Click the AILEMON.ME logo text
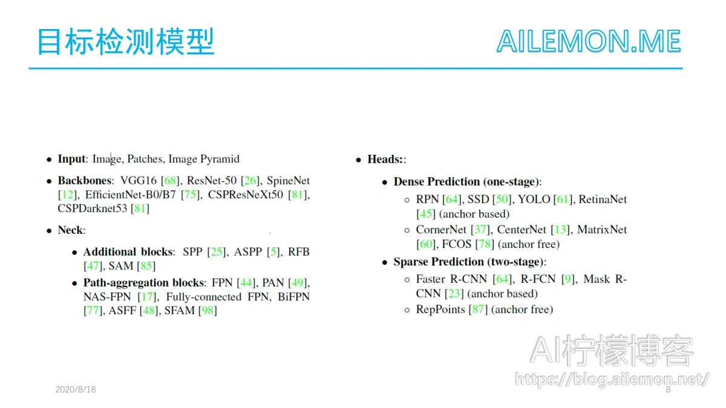click(x=589, y=41)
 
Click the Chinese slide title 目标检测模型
click(x=126, y=42)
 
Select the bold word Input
click(x=71, y=159)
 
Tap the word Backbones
click(x=84, y=180)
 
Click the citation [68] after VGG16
click(x=170, y=181)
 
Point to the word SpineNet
click(x=288, y=181)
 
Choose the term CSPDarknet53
click(x=93, y=208)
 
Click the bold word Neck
click(x=70, y=230)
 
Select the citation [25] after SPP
click(x=217, y=252)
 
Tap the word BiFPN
click(x=293, y=297)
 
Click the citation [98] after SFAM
click(x=208, y=311)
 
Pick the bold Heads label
click(x=385, y=160)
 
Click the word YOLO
click(x=534, y=199)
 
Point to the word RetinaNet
click(x=603, y=199)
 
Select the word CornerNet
click(x=441, y=230)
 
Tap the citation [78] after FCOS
click(x=485, y=244)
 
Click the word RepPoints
click(x=440, y=309)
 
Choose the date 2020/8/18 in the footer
click(x=76, y=389)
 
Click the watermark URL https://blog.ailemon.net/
click(x=612, y=379)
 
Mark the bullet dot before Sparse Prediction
click(x=385, y=262)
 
